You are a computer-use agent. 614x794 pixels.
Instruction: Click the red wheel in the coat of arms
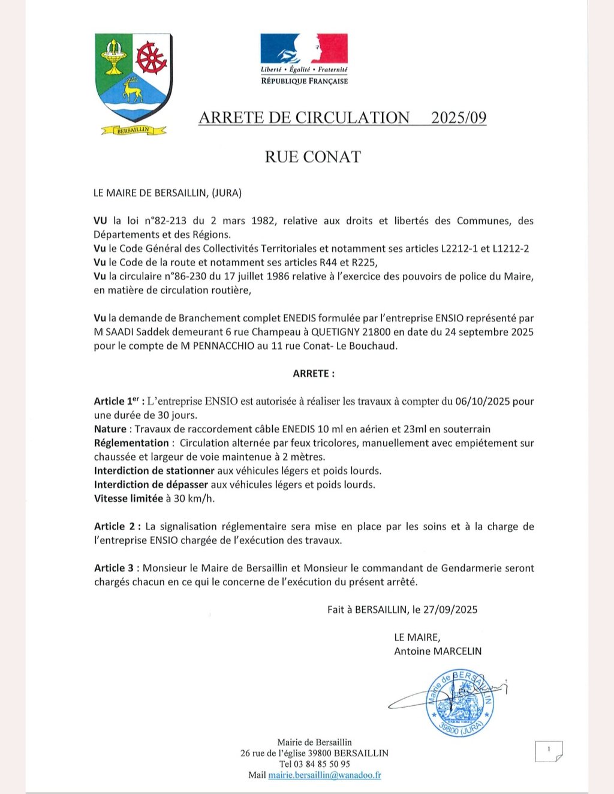[x=151, y=59]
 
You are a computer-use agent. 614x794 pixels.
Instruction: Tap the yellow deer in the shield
[x=132, y=91]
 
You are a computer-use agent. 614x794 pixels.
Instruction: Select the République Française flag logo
[x=304, y=49]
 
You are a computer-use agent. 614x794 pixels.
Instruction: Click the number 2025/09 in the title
[x=459, y=118]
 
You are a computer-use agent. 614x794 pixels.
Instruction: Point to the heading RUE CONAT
[x=313, y=157]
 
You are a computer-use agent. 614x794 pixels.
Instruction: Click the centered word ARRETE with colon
[x=314, y=374]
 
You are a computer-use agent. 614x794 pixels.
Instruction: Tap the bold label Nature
[x=110, y=429]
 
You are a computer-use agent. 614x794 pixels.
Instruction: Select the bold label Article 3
[x=114, y=568]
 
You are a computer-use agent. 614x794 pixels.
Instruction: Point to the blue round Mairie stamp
[x=460, y=703]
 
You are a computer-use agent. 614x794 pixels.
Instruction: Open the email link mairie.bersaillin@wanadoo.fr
[x=324, y=775]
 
